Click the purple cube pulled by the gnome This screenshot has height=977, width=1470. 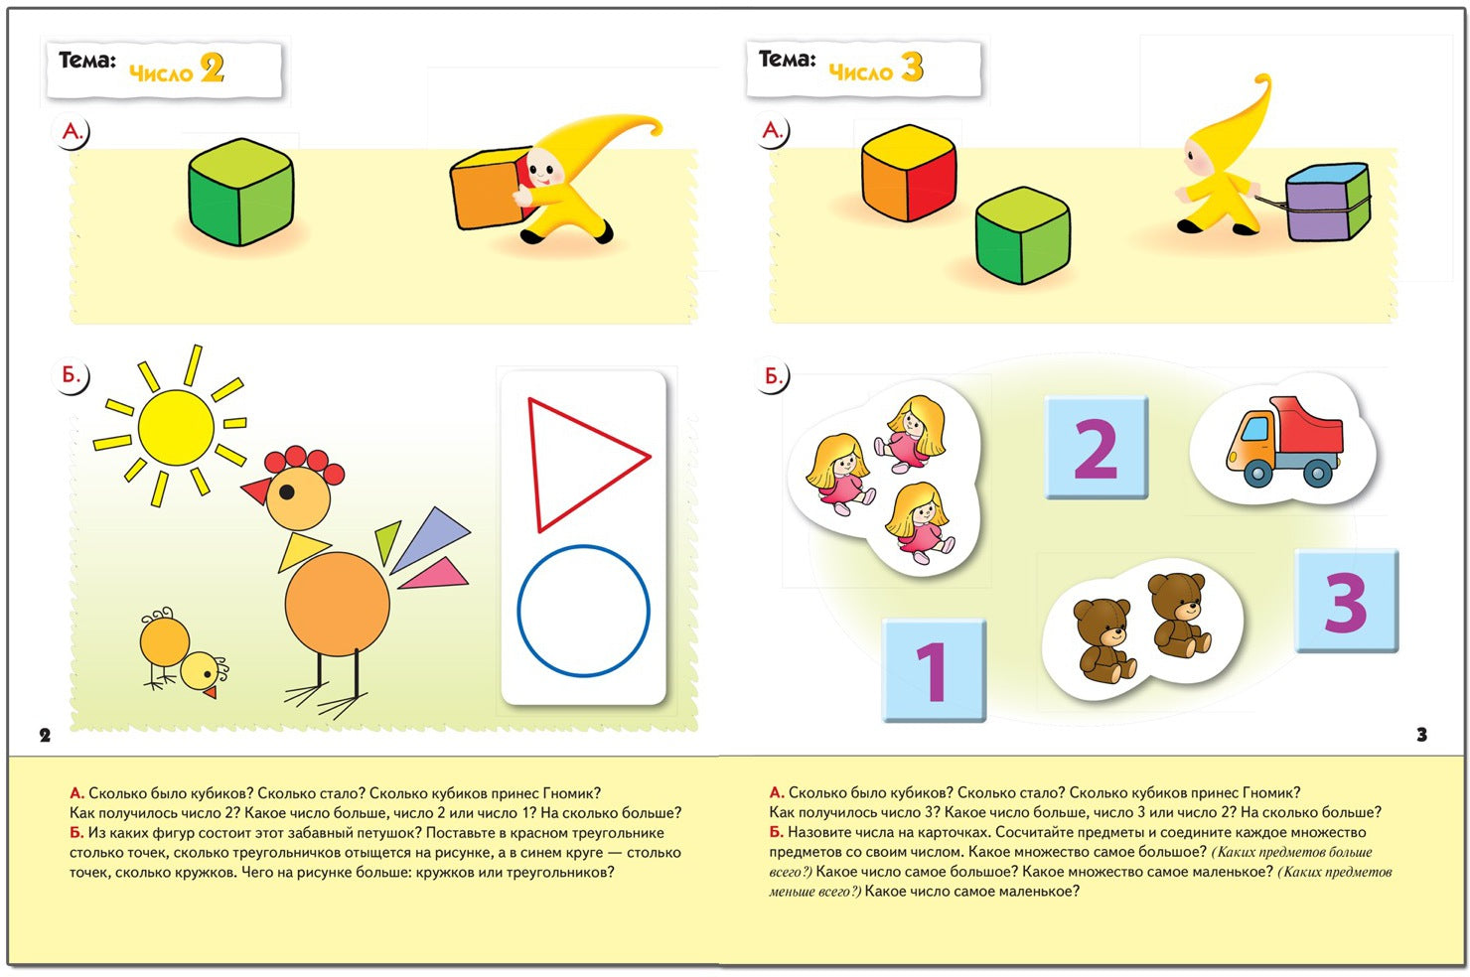1327,203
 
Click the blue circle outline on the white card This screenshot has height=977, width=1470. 583,611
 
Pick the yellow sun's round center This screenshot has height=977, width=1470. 176,427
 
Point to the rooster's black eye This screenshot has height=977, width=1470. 287,491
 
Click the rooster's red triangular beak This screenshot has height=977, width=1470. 256,490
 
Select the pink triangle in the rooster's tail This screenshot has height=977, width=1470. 438,574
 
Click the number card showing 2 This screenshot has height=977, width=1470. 1096,448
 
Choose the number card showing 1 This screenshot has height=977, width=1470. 934,670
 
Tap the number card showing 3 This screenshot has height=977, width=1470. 1347,601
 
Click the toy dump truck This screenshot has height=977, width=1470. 1283,441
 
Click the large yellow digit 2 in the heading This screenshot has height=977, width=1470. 212,69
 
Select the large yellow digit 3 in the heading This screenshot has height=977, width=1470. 912,67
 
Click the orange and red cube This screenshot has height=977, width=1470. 908,173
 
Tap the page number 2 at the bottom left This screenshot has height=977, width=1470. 45,735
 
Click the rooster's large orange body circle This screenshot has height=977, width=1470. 338,604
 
